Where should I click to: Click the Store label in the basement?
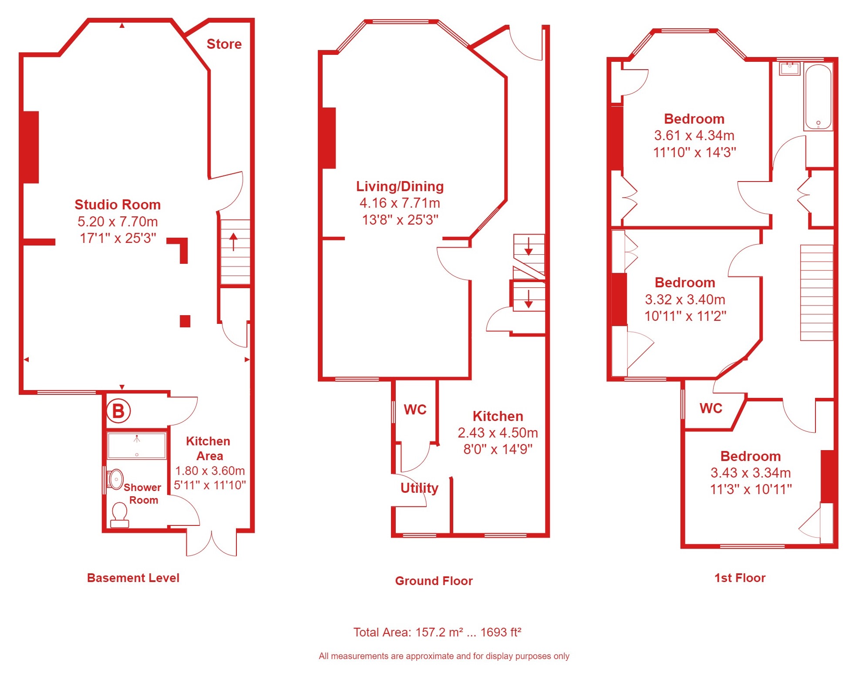pyautogui.click(x=224, y=44)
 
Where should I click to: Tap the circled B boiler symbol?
pyautogui.click(x=118, y=411)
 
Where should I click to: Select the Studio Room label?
pyautogui.click(x=118, y=205)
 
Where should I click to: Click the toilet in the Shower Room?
pyautogui.click(x=120, y=515)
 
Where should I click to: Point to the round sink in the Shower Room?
pyautogui.click(x=115, y=479)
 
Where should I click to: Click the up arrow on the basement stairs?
pyautogui.click(x=233, y=242)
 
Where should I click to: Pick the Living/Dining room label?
pyautogui.click(x=400, y=186)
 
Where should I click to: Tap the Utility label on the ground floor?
pyautogui.click(x=419, y=488)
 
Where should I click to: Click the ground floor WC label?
pyautogui.click(x=415, y=410)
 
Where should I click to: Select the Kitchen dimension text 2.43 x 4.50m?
pyautogui.click(x=498, y=433)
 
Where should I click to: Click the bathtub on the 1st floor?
pyautogui.click(x=818, y=97)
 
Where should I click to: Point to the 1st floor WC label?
pyautogui.click(x=711, y=408)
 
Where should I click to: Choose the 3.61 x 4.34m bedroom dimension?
pyautogui.click(x=694, y=135)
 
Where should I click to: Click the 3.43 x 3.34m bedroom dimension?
pyautogui.click(x=751, y=473)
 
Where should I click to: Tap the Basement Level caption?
pyautogui.click(x=133, y=578)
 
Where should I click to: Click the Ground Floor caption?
pyautogui.click(x=434, y=581)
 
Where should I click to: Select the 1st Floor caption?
pyautogui.click(x=740, y=578)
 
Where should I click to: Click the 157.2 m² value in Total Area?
pyautogui.click(x=439, y=632)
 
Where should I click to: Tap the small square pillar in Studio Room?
pyautogui.click(x=185, y=321)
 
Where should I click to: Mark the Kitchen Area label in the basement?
pyautogui.click(x=209, y=448)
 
